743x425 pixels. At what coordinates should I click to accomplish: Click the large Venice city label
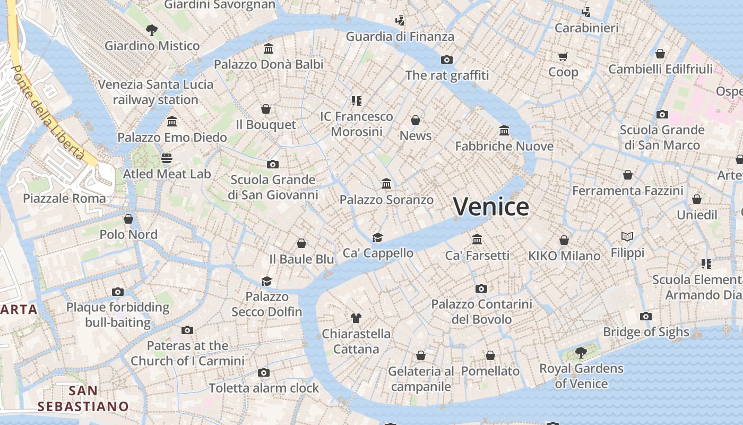(491, 207)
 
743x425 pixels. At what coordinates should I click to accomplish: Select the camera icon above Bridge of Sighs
(646, 317)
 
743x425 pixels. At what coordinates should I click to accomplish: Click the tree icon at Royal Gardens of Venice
(581, 352)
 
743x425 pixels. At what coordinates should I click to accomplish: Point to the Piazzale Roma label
(64, 198)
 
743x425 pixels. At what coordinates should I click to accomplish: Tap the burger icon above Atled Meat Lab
(167, 158)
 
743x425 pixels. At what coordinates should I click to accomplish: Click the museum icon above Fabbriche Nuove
(504, 130)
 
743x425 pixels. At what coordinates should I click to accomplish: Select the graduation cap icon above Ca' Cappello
(377, 237)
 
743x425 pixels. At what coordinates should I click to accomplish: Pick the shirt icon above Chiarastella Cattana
(356, 318)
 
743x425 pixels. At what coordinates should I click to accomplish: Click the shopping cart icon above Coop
(563, 56)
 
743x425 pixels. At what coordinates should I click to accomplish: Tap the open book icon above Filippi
(627, 237)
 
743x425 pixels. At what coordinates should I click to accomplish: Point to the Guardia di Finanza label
(400, 37)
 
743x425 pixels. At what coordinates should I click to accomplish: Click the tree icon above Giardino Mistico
(152, 30)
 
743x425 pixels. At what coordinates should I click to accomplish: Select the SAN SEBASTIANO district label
(83, 399)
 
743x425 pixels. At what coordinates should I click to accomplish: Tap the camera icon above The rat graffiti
(447, 59)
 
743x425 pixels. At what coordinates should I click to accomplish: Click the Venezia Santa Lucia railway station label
(155, 92)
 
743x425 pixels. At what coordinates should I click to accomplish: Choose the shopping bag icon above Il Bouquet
(266, 109)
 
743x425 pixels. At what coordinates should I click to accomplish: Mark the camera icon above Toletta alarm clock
(264, 373)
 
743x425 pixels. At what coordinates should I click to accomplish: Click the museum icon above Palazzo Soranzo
(386, 184)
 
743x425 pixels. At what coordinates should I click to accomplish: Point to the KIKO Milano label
(564, 256)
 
